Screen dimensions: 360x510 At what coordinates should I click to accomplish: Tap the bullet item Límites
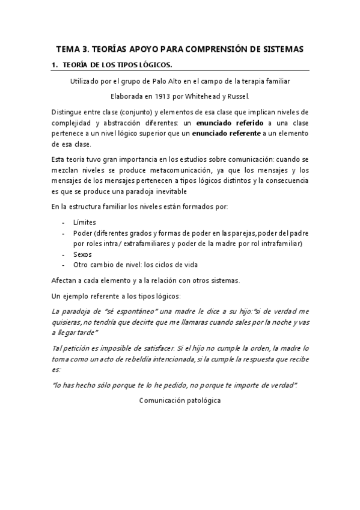point(85,222)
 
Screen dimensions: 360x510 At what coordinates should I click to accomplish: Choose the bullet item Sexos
point(83,254)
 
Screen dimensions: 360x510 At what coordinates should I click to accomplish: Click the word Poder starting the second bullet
point(83,233)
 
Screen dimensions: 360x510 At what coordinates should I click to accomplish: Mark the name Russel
point(238,95)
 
